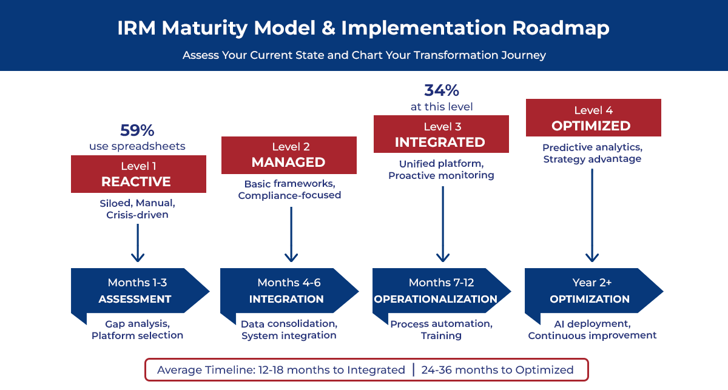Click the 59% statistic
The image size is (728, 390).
point(138,130)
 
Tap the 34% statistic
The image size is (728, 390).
point(441,90)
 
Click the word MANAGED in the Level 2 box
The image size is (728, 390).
point(288,163)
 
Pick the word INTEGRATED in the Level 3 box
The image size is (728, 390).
point(440,143)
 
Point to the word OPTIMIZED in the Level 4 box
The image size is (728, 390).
point(591,126)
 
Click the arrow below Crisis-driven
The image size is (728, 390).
point(138,243)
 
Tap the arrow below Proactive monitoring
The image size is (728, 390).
point(443,224)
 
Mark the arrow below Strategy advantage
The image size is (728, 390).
point(593,215)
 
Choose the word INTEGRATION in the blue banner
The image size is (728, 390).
point(286,299)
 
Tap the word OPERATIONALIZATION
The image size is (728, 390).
point(436,299)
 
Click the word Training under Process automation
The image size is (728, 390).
point(441,335)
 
